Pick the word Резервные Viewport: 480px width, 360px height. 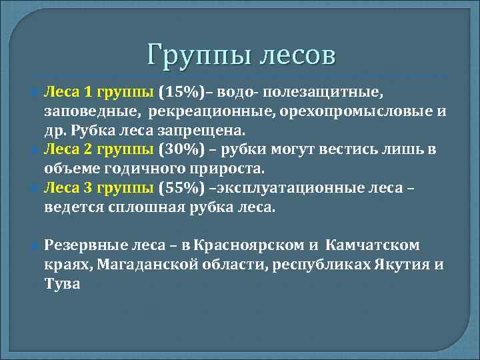[83, 245]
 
